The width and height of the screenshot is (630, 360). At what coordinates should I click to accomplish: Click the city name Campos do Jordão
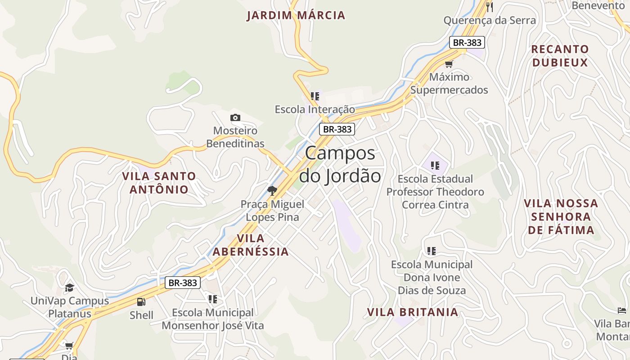tap(340, 164)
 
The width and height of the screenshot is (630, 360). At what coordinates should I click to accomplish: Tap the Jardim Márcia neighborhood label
tap(296, 15)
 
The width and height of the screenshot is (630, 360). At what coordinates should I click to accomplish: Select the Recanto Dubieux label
tap(560, 56)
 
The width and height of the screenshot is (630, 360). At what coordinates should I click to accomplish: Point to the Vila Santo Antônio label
tap(159, 182)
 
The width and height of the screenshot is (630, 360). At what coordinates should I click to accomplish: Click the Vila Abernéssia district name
tap(251, 245)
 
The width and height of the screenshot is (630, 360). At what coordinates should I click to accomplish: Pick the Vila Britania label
tap(412, 312)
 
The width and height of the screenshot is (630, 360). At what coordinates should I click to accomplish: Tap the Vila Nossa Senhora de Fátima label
tap(561, 216)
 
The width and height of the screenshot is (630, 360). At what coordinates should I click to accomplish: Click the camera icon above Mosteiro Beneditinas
tap(235, 118)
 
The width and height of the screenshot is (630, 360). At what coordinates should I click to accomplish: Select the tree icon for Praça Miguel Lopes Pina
tap(272, 191)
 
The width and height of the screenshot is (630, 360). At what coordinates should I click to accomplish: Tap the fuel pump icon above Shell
tap(141, 302)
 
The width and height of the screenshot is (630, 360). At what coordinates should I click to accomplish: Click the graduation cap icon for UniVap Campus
tap(69, 288)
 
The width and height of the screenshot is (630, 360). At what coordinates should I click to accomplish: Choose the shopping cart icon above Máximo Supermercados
tap(449, 64)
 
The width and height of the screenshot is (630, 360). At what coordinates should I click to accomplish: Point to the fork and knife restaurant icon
tap(490, 7)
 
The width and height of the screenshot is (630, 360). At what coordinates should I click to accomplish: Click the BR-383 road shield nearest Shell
tap(182, 283)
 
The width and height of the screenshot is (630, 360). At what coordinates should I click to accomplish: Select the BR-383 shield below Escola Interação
tap(337, 129)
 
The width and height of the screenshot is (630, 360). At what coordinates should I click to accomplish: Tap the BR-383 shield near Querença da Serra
tap(467, 43)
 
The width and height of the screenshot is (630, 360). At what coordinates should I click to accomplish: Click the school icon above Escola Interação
tap(315, 96)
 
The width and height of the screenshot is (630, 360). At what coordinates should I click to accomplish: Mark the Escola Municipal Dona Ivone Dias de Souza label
tap(431, 277)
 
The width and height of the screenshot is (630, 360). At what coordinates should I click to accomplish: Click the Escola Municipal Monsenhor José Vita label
tap(212, 319)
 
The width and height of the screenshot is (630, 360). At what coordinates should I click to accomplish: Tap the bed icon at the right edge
tap(622, 310)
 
